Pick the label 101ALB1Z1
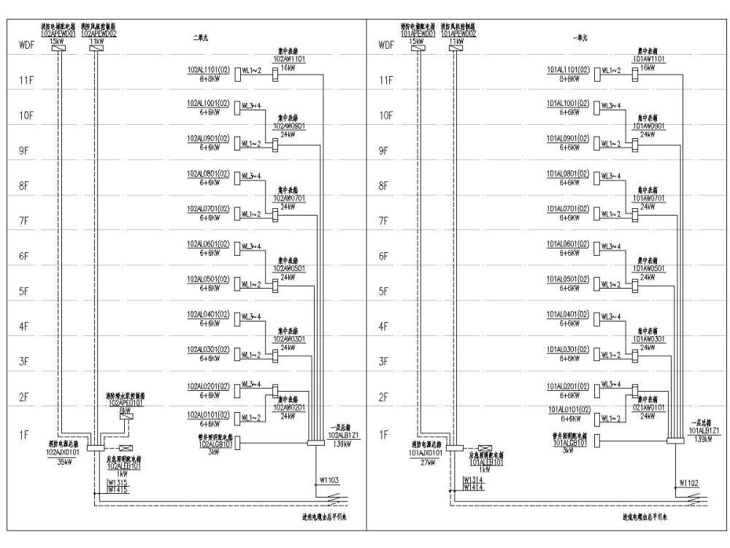click(704, 431)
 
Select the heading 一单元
click(581, 38)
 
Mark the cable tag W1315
click(118, 482)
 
